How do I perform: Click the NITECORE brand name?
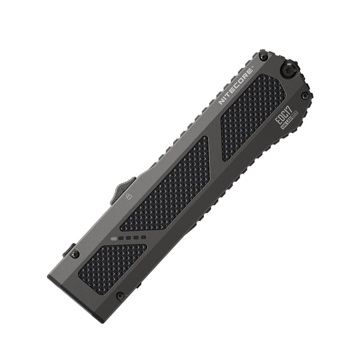pos(236,86)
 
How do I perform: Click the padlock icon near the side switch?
pos(129,196)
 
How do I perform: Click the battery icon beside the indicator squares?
pos(114,240)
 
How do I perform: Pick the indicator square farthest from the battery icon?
pos(142,238)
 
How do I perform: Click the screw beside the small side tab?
pos(75,254)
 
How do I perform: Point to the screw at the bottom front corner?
pos(120,296)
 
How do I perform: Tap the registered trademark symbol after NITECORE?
pos(252,69)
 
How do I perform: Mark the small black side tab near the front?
pos(68,250)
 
